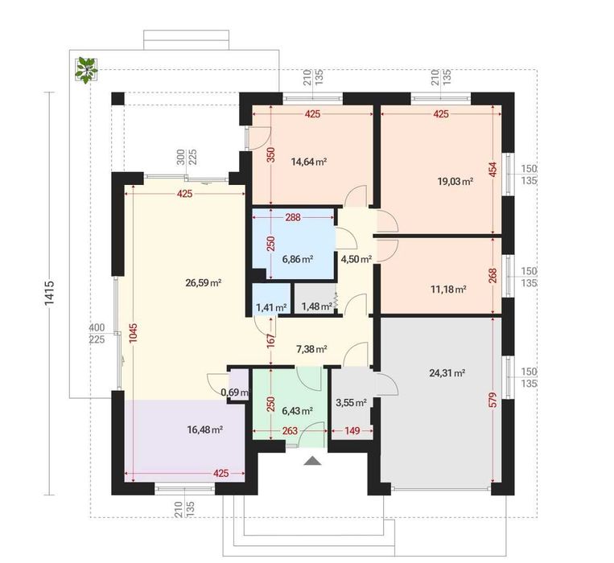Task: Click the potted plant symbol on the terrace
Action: (86, 70)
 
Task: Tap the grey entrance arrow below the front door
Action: (312, 461)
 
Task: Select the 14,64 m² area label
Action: (309, 162)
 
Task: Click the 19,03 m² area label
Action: (455, 181)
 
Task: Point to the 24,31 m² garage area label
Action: (447, 373)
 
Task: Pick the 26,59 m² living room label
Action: (204, 282)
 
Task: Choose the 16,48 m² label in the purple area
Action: (205, 429)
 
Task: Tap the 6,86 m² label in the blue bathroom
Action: (297, 259)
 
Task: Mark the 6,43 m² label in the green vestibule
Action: (297, 411)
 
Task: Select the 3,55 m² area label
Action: (351, 402)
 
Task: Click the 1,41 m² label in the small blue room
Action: (271, 307)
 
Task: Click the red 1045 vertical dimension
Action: (134, 334)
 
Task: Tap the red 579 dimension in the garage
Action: (493, 400)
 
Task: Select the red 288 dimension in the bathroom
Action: (293, 217)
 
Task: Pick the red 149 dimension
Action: (352, 431)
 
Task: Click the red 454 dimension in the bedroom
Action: (493, 170)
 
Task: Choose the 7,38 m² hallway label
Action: (311, 349)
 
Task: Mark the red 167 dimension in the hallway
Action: (271, 341)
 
